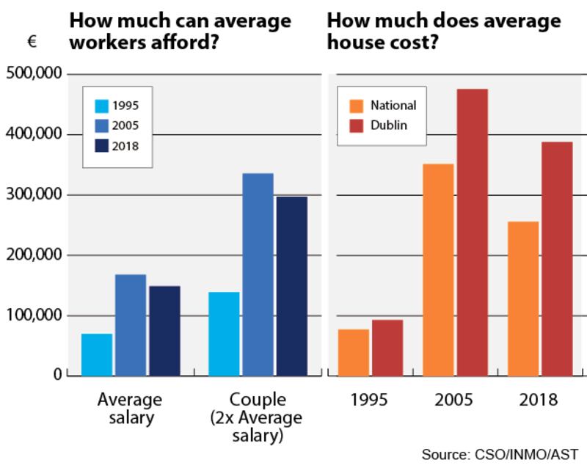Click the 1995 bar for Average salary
click(x=97, y=355)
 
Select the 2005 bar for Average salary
click(x=131, y=325)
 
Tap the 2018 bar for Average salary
click(x=164, y=331)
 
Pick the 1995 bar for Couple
click(x=224, y=334)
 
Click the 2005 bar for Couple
click(x=258, y=274)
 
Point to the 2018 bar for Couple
click(x=292, y=286)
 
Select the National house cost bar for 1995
click(x=354, y=353)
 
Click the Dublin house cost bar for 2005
click(x=472, y=233)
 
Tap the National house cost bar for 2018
click(x=523, y=299)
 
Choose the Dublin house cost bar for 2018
click(x=557, y=259)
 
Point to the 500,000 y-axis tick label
click(x=34, y=74)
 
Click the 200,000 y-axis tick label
click(x=34, y=255)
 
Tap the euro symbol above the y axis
click(x=32, y=43)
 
